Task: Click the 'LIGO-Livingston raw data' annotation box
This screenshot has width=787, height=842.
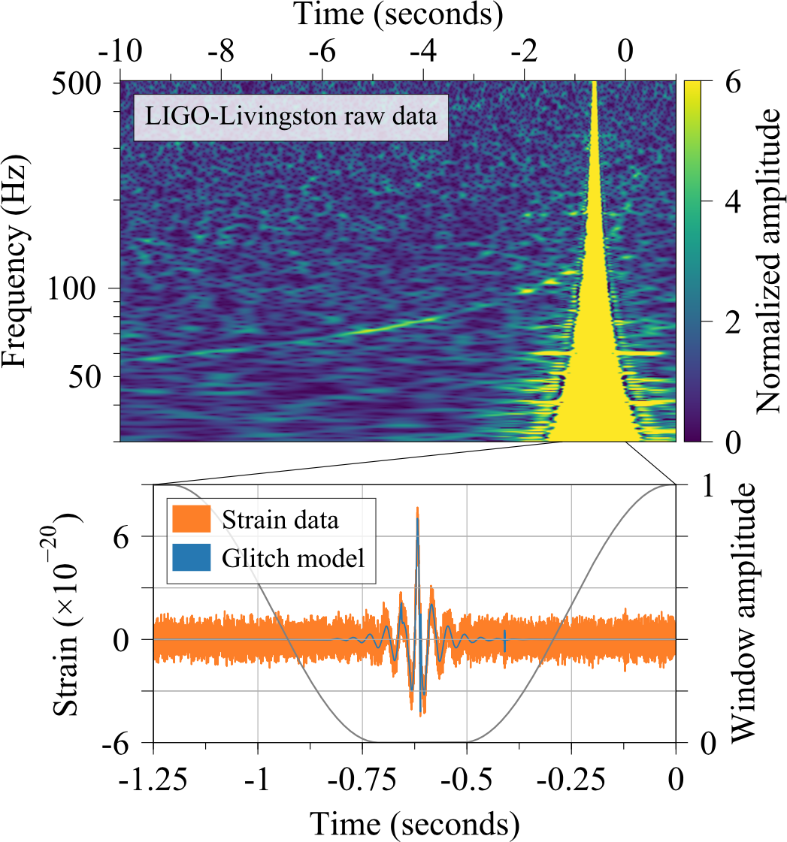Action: (291, 117)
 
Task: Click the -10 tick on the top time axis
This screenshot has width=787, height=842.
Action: (120, 53)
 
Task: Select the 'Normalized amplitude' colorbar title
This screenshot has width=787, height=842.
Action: (767, 261)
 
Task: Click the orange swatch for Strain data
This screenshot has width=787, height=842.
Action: (193, 519)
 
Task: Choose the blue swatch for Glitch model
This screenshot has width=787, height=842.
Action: (193, 558)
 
